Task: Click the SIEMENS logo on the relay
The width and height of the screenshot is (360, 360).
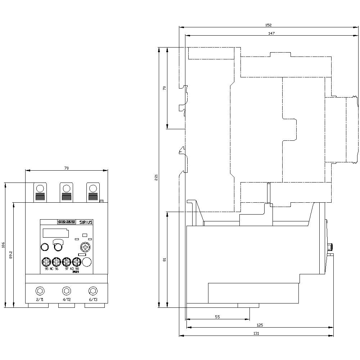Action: tap(66, 222)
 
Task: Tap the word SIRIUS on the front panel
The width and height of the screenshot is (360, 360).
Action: tap(86, 222)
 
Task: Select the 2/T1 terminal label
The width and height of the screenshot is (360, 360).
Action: tap(40, 300)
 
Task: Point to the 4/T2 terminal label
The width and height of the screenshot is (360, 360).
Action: tap(67, 300)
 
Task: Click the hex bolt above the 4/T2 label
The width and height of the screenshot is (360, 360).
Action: tap(66, 291)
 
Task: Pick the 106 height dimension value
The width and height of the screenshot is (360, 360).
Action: tap(3, 245)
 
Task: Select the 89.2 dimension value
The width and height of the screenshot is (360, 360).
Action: tap(11, 255)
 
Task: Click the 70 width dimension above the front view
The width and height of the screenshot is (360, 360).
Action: tap(66, 168)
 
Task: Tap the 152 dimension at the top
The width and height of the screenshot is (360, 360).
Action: tap(268, 25)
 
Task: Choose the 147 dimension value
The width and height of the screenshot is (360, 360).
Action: tap(271, 33)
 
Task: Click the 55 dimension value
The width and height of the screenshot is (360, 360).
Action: tap(217, 317)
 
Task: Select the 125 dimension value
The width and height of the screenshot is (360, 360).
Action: tap(260, 325)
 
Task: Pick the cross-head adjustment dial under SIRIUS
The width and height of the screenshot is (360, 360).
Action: tap(85, 247)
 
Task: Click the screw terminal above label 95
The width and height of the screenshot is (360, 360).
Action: tap(46, 261)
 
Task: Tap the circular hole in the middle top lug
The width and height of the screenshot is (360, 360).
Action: tap(66, 188)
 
